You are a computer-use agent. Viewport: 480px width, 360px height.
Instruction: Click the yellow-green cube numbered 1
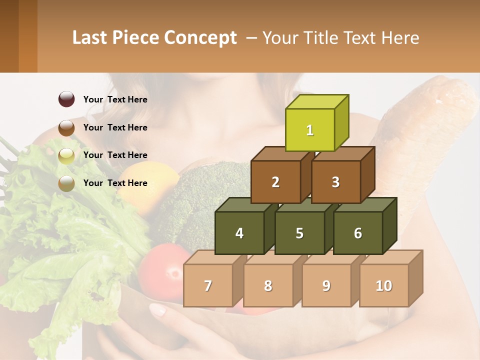(310, 130)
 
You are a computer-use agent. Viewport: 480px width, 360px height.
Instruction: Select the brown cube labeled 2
(275, 182)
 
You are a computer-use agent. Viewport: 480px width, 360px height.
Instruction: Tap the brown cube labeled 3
(335, 182)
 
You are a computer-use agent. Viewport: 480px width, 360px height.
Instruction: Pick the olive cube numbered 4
(239, 233)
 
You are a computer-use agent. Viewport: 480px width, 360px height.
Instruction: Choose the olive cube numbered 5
(299, 233)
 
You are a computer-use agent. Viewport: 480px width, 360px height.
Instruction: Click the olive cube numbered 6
(357, 233)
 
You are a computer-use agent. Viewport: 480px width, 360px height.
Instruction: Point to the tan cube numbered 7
(208, 285)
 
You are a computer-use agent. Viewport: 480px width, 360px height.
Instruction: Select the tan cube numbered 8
(268, 285)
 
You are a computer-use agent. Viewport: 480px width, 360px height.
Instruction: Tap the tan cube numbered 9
(326, 285)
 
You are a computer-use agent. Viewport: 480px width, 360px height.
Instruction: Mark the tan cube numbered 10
(383, 285)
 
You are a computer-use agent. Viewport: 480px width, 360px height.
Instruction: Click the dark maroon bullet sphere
(66, 99)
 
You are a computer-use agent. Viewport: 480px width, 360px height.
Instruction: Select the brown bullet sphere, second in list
(66, 128)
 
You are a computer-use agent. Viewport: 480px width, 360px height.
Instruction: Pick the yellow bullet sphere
(66, 156)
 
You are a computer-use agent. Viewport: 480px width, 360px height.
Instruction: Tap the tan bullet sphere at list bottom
(66, 183)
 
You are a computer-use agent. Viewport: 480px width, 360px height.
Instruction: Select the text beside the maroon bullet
(115, 99)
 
